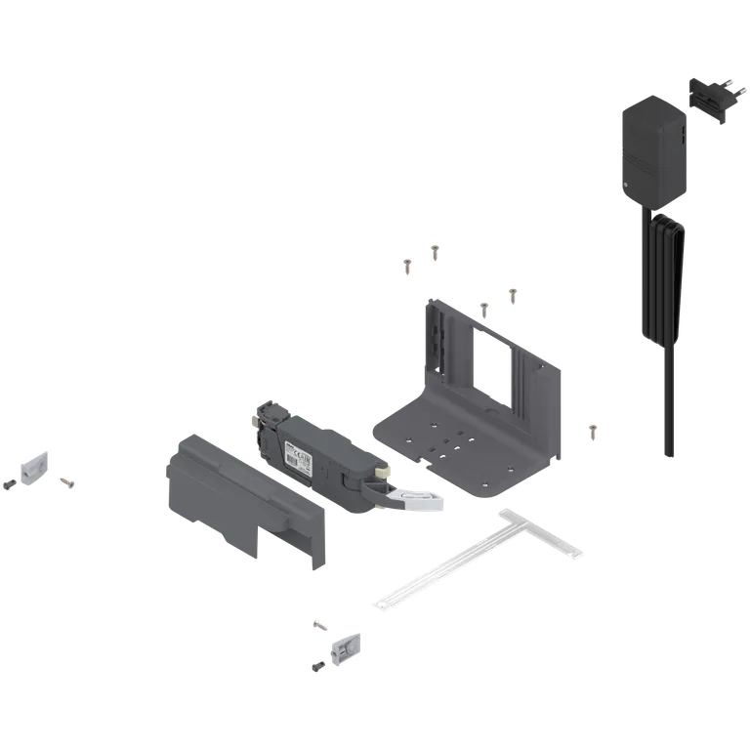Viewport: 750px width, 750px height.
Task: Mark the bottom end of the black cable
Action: pyautogui.click(x=668, y=454)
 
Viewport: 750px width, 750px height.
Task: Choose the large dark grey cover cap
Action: pyautogui.click(x=239, y=498)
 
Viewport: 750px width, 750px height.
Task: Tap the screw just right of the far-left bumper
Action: pyautogui.click(x=66, y=479)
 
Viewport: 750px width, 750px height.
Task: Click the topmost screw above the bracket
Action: pyautogui.click(x=437, y=253)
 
